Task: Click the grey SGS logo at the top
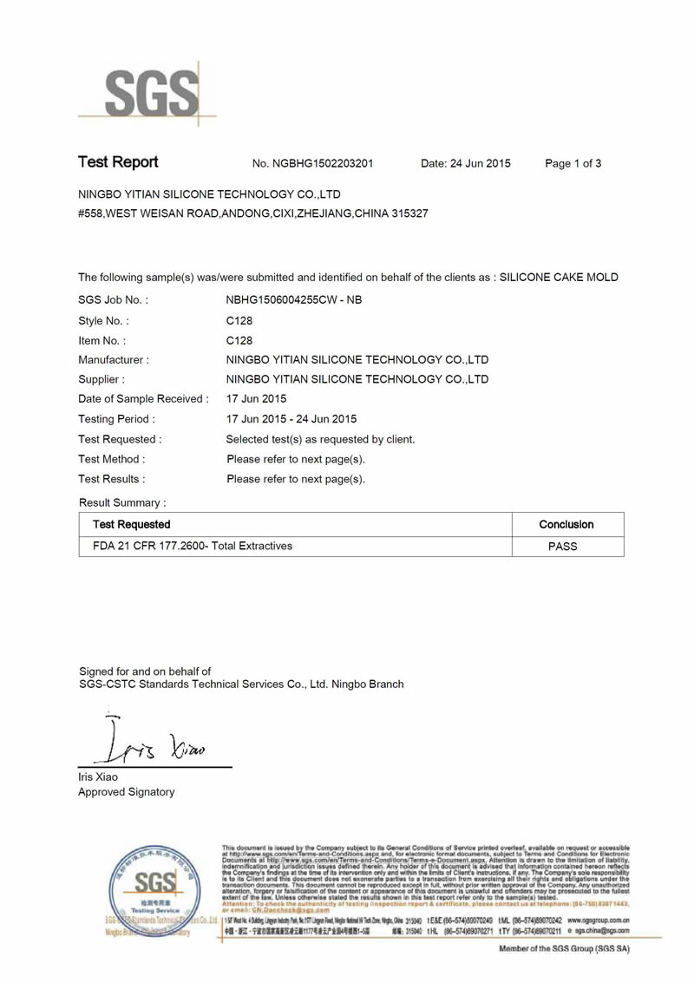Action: [147, 91]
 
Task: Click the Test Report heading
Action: [118, 162]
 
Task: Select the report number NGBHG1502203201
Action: [324, 164]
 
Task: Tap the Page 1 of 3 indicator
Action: [573, 164]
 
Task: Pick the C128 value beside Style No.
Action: [239, 321]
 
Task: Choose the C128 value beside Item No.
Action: [239, 341]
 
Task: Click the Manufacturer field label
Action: [114, 360]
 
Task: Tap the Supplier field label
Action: [101, 380]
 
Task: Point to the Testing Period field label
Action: [116, 420]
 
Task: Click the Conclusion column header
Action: [566, 525]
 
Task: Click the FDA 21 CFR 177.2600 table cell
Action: [193, 547]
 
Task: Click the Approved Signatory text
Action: [126, 792]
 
